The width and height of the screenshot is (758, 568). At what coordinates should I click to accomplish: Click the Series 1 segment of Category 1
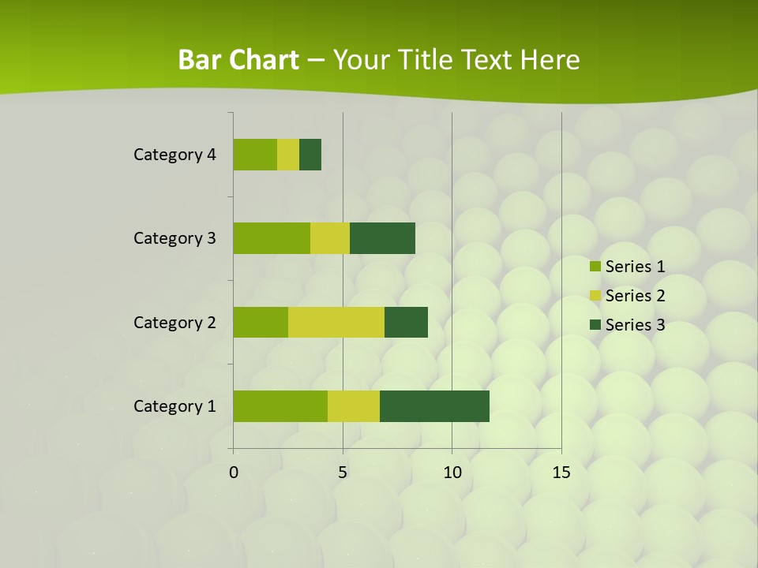pyautogui.click(x=280, y=405)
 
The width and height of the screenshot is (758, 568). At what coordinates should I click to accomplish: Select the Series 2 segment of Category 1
pyautogui.click(x=354, y=405)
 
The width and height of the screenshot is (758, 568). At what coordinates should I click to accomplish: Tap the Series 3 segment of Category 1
pyautogui.click(x=434, y=405)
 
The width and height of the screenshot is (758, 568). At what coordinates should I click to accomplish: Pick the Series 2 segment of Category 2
pyautogui.click(x=336, y=322)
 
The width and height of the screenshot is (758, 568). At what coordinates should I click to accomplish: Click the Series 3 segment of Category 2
pyautogui.click(x=406, y=322)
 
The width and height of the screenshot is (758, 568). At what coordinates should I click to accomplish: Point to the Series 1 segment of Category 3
pyautogui.click(x=272, y=238)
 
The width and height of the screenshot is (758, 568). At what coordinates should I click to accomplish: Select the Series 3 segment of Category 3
pyautogui.click(x=382, y=238)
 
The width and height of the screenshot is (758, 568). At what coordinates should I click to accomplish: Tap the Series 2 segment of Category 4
pyautogui.click(x=288, y=155)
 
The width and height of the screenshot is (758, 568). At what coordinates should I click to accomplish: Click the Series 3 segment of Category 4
pyautogui.click(x=310, y=155)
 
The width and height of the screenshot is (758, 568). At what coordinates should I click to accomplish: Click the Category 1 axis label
pyautogui.click(x=174, y=406)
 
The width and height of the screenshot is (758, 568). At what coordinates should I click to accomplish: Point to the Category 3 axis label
pyautogui.click(x=174, y=238)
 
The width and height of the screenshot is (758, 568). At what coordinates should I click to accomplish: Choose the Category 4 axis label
pyautogui.click(x=174, y=155)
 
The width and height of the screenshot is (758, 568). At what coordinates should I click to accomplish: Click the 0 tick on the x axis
pyautogui.click(x=234, y=473)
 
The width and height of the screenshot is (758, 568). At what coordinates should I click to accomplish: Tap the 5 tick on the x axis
pyautogui.click(x=343, y=473)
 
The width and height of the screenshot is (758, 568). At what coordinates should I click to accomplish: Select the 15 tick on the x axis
pyautogui.click(x=561, y=473)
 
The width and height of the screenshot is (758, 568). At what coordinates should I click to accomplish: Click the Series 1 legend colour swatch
pyautogui.click(x=595, y=267)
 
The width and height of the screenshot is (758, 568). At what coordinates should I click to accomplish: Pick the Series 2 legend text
pyautogui.click(x=635, y=296)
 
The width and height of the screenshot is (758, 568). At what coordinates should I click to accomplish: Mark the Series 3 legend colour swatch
pyautogui.click(x=595, y=325)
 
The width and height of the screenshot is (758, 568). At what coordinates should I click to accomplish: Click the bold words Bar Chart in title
pyautogui.click(x=238, y=60)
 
